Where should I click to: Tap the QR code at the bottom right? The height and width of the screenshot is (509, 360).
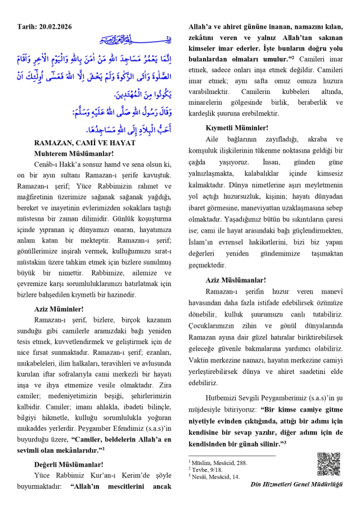coord(328,465)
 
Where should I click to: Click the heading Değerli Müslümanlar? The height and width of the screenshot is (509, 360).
coord(69,464)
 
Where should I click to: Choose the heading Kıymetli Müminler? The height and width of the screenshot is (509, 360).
coord(237,128)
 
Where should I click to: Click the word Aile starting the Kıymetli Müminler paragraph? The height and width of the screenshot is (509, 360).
coord(213,138)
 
